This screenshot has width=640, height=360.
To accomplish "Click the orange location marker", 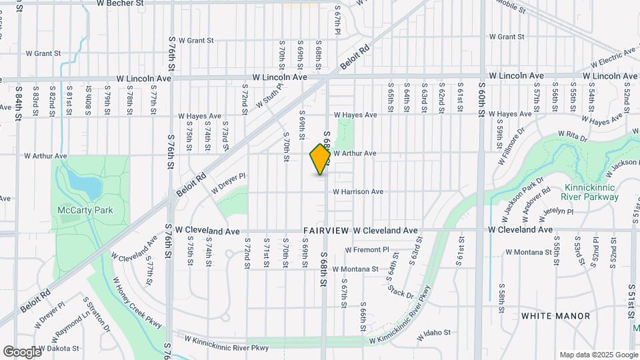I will click(320, 159).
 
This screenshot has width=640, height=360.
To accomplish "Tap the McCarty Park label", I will click(85, 211).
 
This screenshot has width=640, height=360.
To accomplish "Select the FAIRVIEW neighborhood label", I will click(325, 231).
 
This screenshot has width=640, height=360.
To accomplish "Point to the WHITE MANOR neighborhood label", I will click(556, 315).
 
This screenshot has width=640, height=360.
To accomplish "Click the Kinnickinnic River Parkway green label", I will click(591, 192).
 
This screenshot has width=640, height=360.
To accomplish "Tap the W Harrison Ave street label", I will click(359, 192).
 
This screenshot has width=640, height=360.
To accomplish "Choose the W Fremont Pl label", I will click(367, 250).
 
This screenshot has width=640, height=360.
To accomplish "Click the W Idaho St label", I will click(434, 332).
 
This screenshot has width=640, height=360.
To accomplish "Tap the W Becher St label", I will click(121, 3).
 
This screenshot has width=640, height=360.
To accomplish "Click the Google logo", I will click(22, 352).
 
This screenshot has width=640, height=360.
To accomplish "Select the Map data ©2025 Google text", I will click(597, 355).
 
